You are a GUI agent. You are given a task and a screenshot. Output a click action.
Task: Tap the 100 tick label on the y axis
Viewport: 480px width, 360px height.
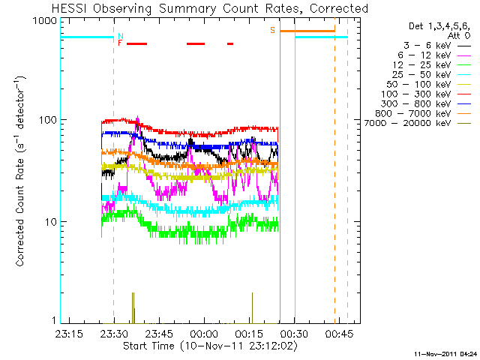pyautogui.click(x=48, y=120)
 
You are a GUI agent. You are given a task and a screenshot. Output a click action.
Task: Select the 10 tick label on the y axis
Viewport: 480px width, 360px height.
pyautogui.click(x=51, y=222)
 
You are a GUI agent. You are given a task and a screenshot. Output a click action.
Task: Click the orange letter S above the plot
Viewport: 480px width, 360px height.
pyautogui.click(x=272, y=30)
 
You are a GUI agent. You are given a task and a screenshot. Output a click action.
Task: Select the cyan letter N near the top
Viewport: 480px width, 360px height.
pyautogui.click(x=120, y=36)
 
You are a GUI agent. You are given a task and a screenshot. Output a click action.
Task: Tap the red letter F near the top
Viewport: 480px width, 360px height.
pyautogui.click(x=120, y=43)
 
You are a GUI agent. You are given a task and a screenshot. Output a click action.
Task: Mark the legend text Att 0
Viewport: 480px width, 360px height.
pyautogui.click(x=459, y=35)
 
